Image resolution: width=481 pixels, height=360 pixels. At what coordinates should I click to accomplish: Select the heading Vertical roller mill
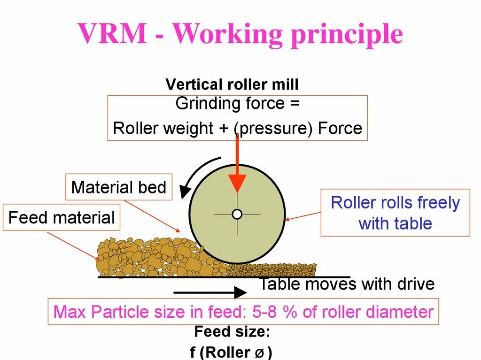coord(232,85)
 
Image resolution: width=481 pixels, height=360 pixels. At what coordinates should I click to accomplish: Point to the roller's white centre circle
coord(237,214)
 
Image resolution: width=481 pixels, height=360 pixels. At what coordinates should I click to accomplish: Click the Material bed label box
coord(119,188)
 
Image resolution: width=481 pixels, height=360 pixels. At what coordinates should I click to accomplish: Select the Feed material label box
coord(62,218)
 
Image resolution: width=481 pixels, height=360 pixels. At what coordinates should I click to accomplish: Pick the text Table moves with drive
coord(347,284)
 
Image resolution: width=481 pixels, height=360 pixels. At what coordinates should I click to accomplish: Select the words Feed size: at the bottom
coord(232,332)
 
